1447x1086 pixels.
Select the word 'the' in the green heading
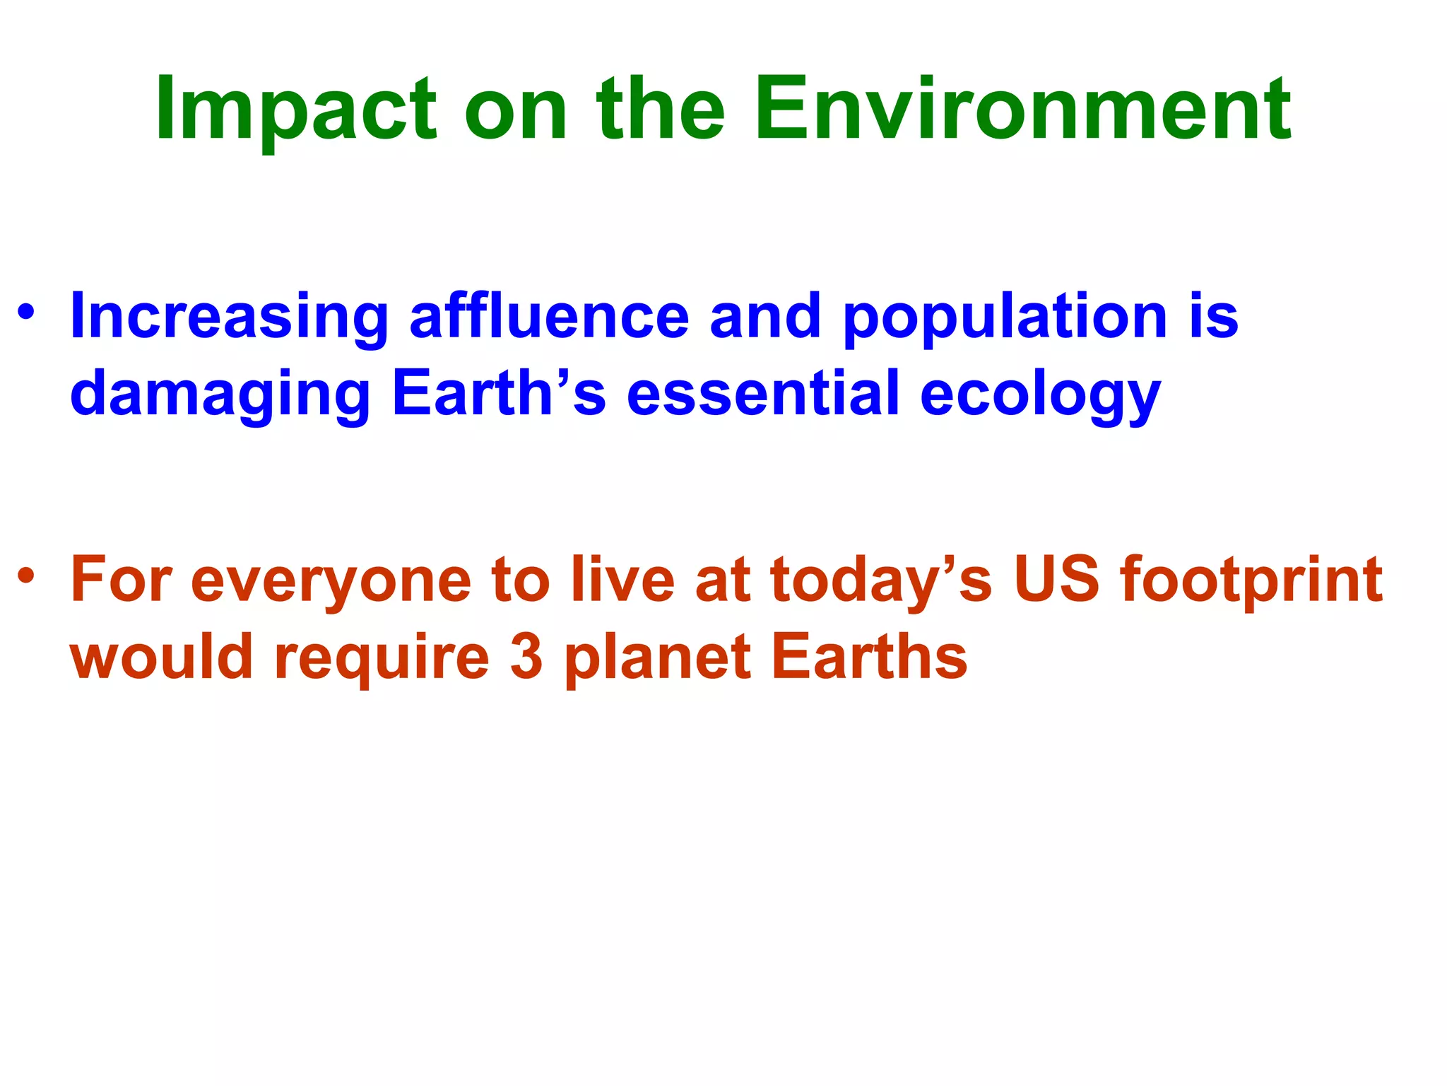point(661,110)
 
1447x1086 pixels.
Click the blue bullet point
point(26,312)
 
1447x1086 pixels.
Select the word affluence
point(549,316)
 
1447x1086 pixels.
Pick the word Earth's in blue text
point(498,392)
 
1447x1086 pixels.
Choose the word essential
point(763,392)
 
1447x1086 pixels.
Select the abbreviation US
point(1056,580)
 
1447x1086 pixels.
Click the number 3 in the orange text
point(526,657)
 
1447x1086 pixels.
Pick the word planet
point(657,658)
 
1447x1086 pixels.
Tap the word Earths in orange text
point(869,657)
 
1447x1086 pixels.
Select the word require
point(382,658)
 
